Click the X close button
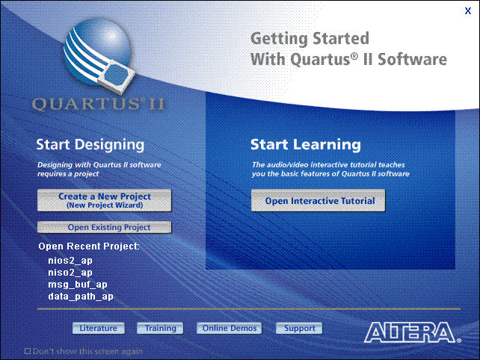pos(468,11)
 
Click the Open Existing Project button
pos(105,227)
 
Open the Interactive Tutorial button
pos(318,200)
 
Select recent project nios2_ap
pos(70,261)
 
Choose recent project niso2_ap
pos(70,273)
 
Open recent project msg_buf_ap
pos(78,285)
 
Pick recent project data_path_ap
pos(81,297)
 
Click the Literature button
pos(99,328)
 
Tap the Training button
pos(160,328)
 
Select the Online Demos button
pos(230,328)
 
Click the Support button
pos(299,328)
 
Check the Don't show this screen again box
pos(28,351)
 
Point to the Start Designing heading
pos(90,145)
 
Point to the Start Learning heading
pos(306,144)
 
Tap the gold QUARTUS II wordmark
pos(99,104)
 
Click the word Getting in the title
pos(279,39)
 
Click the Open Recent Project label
pos(89,246)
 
